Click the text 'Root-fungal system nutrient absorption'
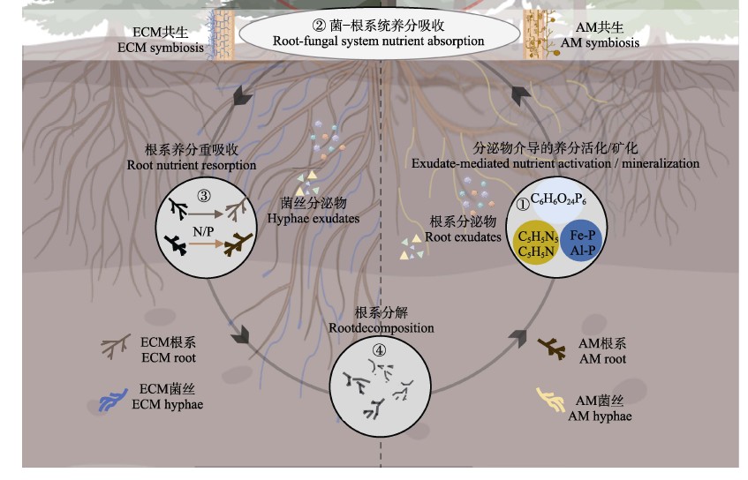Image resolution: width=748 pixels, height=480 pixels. click(380, 41)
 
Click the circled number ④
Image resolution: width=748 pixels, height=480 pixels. click(380, 349)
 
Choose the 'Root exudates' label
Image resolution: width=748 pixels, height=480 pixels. click(463, 236)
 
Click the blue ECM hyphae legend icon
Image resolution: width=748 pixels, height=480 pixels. click(114, 399)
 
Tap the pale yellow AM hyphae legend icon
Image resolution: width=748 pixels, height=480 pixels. click(551, 401)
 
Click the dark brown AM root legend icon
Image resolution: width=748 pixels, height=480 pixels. click(554, 349)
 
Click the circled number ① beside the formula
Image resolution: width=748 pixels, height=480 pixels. click(522, 203)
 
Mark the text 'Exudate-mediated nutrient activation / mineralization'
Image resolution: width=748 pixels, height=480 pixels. click(555, 163)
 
